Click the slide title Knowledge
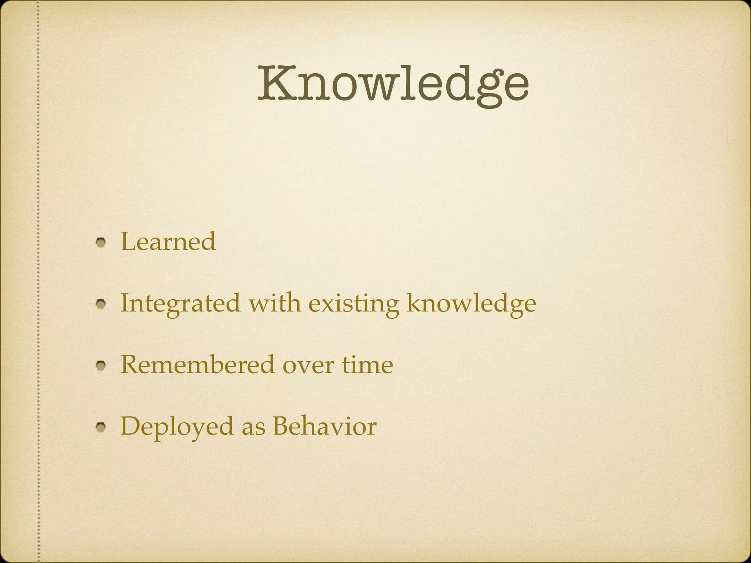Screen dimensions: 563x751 [393, 84]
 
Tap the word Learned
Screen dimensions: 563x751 [168, 242]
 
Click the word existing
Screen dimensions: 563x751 [353, 304]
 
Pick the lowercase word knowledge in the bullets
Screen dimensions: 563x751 [471, 304]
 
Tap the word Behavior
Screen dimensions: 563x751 [324, 426]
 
